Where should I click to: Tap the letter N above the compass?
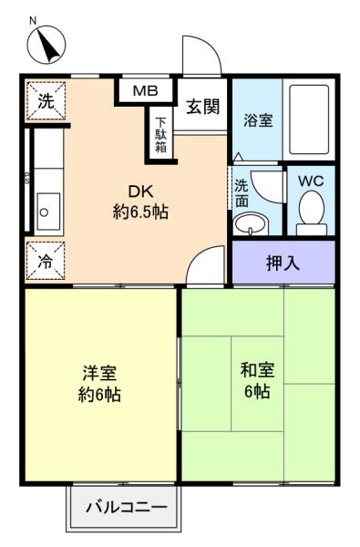point(33,21)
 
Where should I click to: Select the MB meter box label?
point(146,91)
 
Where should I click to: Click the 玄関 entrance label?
point(202,107)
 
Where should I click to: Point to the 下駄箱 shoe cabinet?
point(160,135)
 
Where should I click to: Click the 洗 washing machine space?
point(46,101)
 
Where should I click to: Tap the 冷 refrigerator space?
point(46,261)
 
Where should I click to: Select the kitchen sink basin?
point(48,212)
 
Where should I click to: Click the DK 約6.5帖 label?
point(140,201)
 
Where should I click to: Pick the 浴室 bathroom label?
point(258,120)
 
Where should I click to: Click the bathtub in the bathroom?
point(309,119)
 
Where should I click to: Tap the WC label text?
point(311,181)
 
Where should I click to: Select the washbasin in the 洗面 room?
point(251,224)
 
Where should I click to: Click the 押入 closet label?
point(283,263)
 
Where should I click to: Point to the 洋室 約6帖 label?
point(99,384)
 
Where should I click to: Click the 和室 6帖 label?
point(257,380)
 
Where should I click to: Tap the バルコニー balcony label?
point(126,507)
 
